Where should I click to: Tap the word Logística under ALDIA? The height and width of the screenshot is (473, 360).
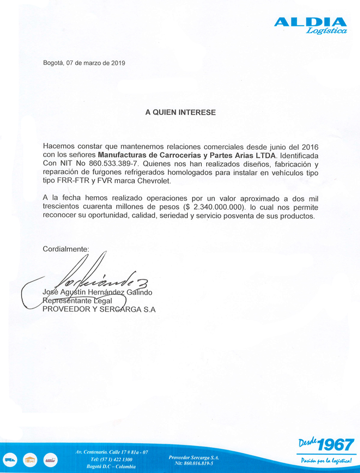point(326,31)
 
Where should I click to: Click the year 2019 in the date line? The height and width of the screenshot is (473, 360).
point(117,63)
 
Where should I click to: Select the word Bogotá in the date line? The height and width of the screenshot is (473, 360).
point(53,63)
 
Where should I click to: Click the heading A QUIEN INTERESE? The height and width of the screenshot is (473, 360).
point(180,112)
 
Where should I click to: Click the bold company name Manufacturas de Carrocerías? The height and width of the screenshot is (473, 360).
point(151,155)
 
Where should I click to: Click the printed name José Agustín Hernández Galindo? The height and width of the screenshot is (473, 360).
point(97,293)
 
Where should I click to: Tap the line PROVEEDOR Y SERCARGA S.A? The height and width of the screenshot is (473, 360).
point(99,309)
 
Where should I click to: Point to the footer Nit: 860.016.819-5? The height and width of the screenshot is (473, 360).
point(194,463)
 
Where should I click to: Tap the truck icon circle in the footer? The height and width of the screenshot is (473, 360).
point(11,460)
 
